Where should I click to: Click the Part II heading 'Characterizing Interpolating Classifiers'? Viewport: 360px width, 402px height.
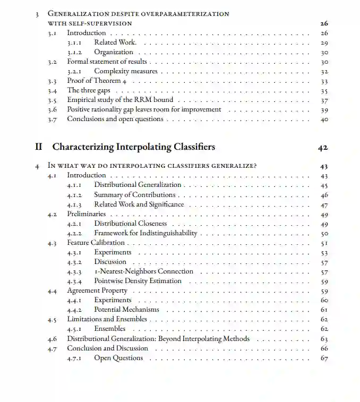(x=134, y=147)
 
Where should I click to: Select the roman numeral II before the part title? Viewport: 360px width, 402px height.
(x=38, y=147)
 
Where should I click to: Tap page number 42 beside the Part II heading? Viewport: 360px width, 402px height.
(x=323, y=148)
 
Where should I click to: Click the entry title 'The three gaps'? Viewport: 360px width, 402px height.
(x=89, y=90)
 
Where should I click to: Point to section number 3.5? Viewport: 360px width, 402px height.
(x=52, y=100)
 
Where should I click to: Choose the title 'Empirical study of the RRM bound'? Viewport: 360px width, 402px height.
(x=120, y=100)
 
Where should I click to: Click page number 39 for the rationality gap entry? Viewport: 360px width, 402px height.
(x=324, y=110)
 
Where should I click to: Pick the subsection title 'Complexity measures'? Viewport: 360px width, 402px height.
(x=126, y=71)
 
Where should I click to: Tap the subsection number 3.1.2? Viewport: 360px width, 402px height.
(x=76, y=53)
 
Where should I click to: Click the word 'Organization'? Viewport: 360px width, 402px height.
(x=114, y=52)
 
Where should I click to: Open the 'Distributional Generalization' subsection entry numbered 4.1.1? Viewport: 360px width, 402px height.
(x=138, y=185)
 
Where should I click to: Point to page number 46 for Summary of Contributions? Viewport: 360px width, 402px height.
(x=324, y=195)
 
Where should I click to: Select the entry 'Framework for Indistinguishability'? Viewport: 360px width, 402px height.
(x=145, y=233)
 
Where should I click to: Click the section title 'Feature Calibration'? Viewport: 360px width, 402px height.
(x=96, y=243)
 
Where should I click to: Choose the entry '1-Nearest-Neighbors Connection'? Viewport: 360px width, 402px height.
(x=144, y=271)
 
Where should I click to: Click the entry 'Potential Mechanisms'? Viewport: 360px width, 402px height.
(x=126, y=310)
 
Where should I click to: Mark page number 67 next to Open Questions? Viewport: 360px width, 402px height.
(x=324, y=358)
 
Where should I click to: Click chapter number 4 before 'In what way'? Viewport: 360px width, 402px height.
(x=37, y=166)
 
